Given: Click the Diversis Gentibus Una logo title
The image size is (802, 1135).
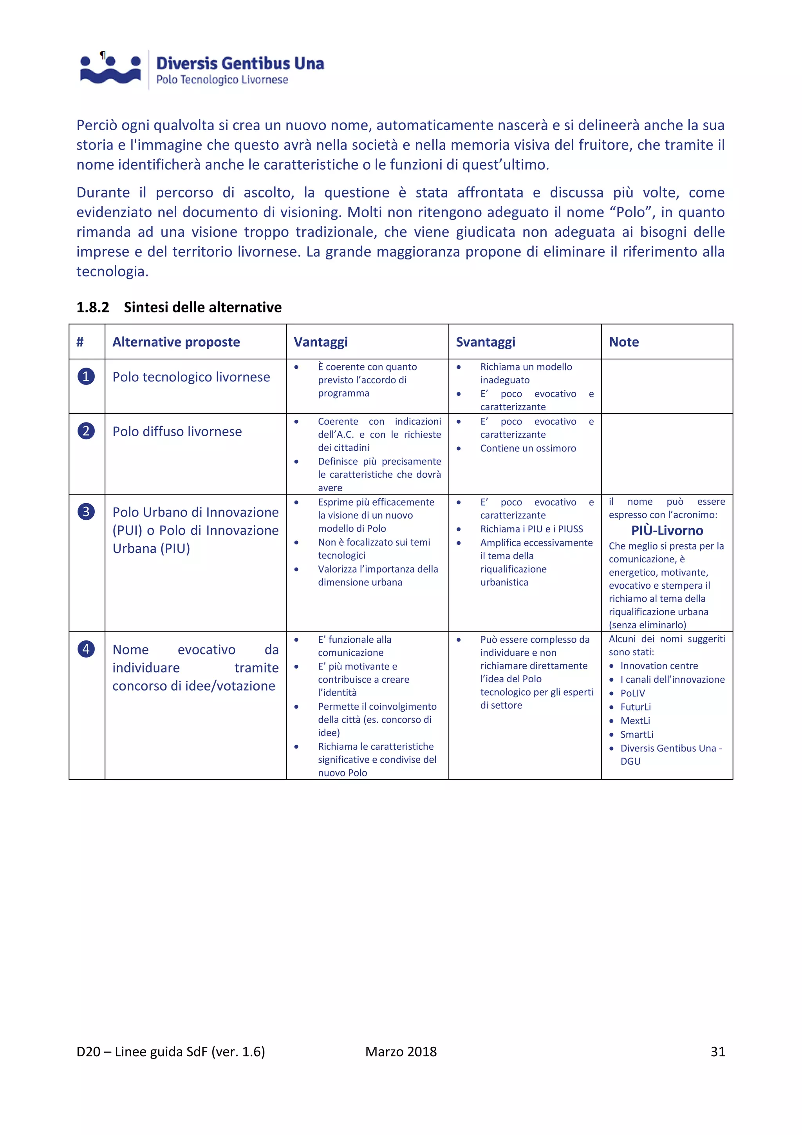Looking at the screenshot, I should (x=240, y=64).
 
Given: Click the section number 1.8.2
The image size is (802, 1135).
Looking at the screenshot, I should (x=92, y=308).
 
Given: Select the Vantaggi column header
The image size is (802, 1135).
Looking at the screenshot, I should (x=320, y=342).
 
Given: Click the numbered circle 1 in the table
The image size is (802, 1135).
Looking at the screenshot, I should (x=86, y=377).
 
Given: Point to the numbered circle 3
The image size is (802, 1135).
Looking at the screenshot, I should (x=86, y=511).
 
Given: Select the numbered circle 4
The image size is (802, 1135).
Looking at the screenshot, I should (x=86, y=649).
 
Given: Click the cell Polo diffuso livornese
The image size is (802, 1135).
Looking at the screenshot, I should (x=177, y=432).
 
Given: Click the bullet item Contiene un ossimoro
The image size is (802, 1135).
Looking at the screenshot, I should (x=527, y=448).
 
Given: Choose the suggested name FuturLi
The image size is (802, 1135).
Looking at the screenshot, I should (x=635, y=707).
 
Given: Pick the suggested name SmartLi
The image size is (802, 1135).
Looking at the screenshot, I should (x=637, y=734).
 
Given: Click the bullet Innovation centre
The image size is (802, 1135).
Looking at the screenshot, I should (x=659, y=666).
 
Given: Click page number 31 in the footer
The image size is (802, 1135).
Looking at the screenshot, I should (x=717, y=1052).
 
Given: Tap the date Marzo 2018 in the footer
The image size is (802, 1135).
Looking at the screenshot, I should (x=401, y=1052).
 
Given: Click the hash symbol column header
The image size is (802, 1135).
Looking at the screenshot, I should (x=80, y=342).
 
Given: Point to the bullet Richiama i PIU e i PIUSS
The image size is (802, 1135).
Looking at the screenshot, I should (x=531, y=529).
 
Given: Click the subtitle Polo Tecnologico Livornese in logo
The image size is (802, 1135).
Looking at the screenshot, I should (x=222, y=80).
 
